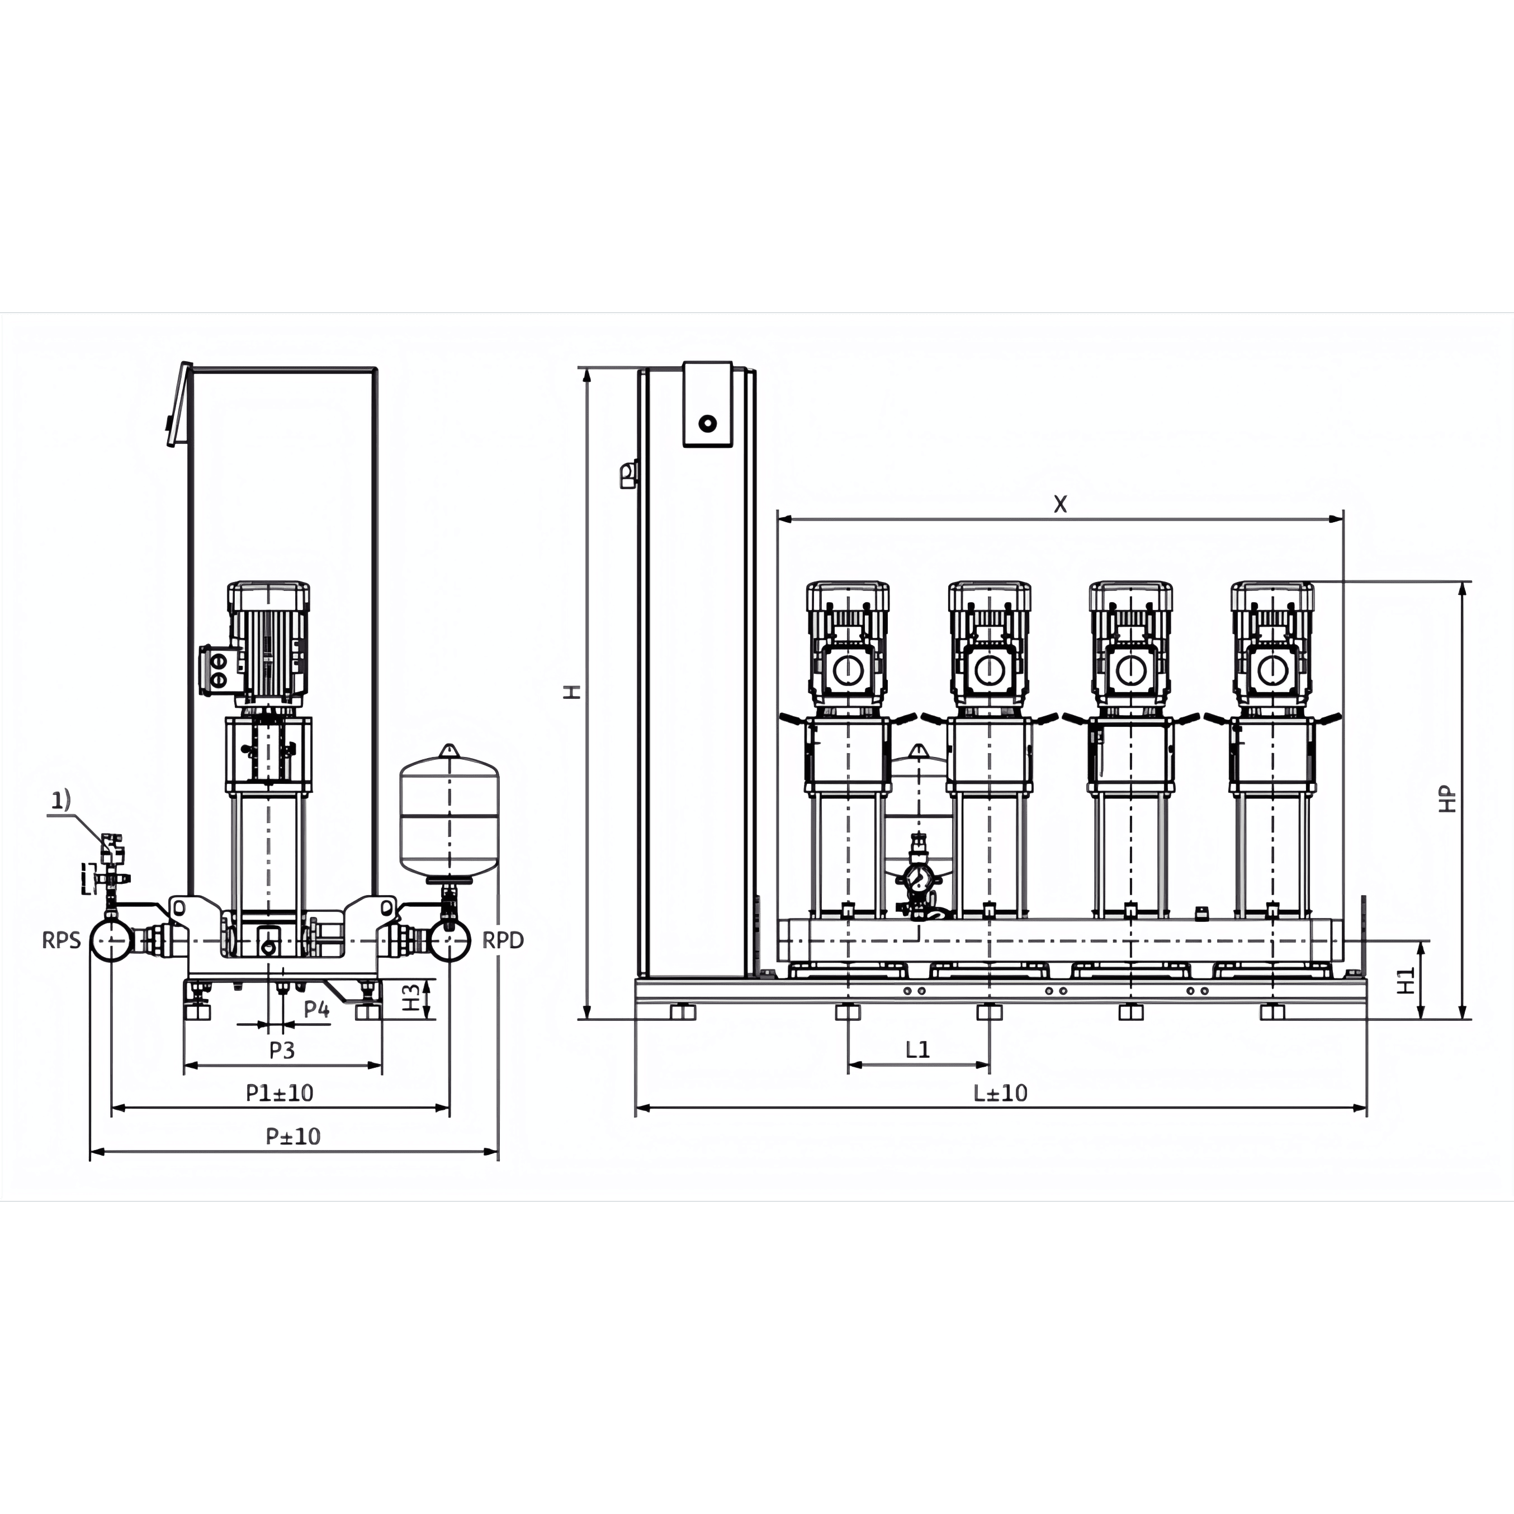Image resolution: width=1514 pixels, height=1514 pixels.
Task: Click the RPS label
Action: pyautogui.click(x=61, y=940)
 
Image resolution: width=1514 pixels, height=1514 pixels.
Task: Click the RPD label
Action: pyautogui.click(x=502, y=940)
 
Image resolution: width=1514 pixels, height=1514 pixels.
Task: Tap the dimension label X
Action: pyautogui.click(x=1060, y=504)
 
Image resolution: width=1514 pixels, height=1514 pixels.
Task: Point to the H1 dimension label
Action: pyautogui.click(x=1407, y=980)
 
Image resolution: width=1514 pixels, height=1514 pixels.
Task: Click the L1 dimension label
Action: pyautogui.click(x=917, y=1049)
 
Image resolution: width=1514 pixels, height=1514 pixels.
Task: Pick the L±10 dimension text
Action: pyautogui.click(x=1000, y=1092)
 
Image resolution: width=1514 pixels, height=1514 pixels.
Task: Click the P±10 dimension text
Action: pyautogui.click(x=293, y=1136)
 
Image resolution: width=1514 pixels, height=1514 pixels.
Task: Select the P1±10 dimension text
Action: pyautogui.click(x=280, y=1092)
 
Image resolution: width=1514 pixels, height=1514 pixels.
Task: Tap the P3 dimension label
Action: pyautogui.click(x=282, y=1050)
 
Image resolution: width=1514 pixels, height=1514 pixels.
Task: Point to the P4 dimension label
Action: pyautogui.click(x=316, y=1009)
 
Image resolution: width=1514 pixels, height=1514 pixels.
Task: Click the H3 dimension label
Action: pyautogui.click(x=410, y=997)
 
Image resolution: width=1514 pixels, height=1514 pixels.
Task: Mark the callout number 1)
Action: pyautogui.click(x=61, y=800)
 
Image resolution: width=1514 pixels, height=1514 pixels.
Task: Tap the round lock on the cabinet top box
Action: pyautogui.click(x=708, y=423)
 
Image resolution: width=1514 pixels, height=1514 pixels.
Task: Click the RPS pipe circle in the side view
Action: pyautogui.click(x=111, y=940)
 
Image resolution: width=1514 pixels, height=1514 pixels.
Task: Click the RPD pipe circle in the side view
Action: pyautogui.click(x=449, y=940)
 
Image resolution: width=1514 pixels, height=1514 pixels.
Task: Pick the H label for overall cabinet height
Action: pyautogui.click(x=574, y=692)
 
